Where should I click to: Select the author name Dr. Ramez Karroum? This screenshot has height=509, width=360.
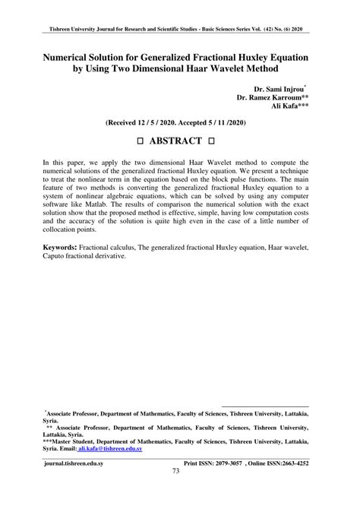[272, 97]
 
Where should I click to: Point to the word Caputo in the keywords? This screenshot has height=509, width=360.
[57, 257]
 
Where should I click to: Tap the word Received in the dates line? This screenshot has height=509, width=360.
[128, 122]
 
